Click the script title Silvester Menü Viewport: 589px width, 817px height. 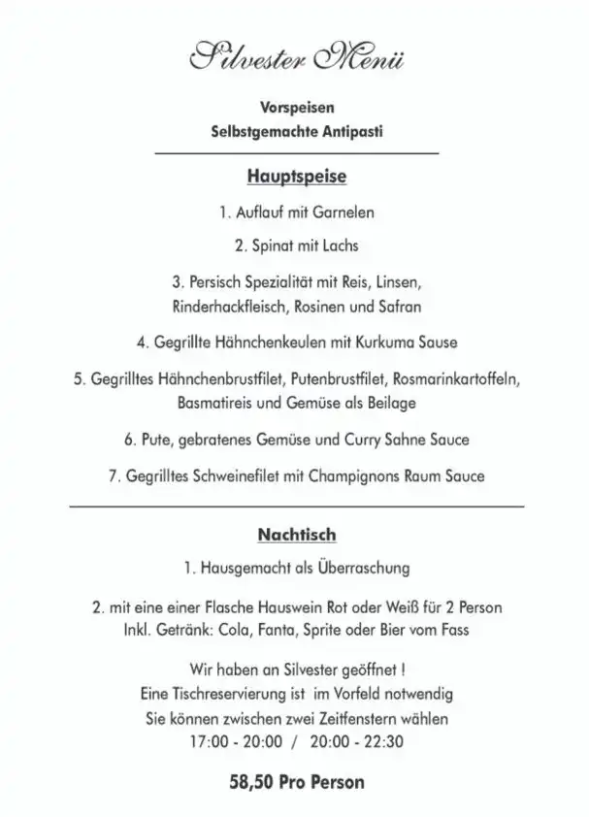coord(296,57)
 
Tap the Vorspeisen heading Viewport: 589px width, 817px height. coord(296,108)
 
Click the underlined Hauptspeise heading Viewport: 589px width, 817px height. coord(296,178)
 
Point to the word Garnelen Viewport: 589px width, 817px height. coord(344,212)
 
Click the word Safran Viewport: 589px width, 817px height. coord(399,306)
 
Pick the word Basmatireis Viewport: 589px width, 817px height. coord(214,401)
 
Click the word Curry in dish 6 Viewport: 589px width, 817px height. coord(364,440)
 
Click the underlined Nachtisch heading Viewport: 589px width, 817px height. coord(296,534)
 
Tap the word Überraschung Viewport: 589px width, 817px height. coord(359,568)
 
